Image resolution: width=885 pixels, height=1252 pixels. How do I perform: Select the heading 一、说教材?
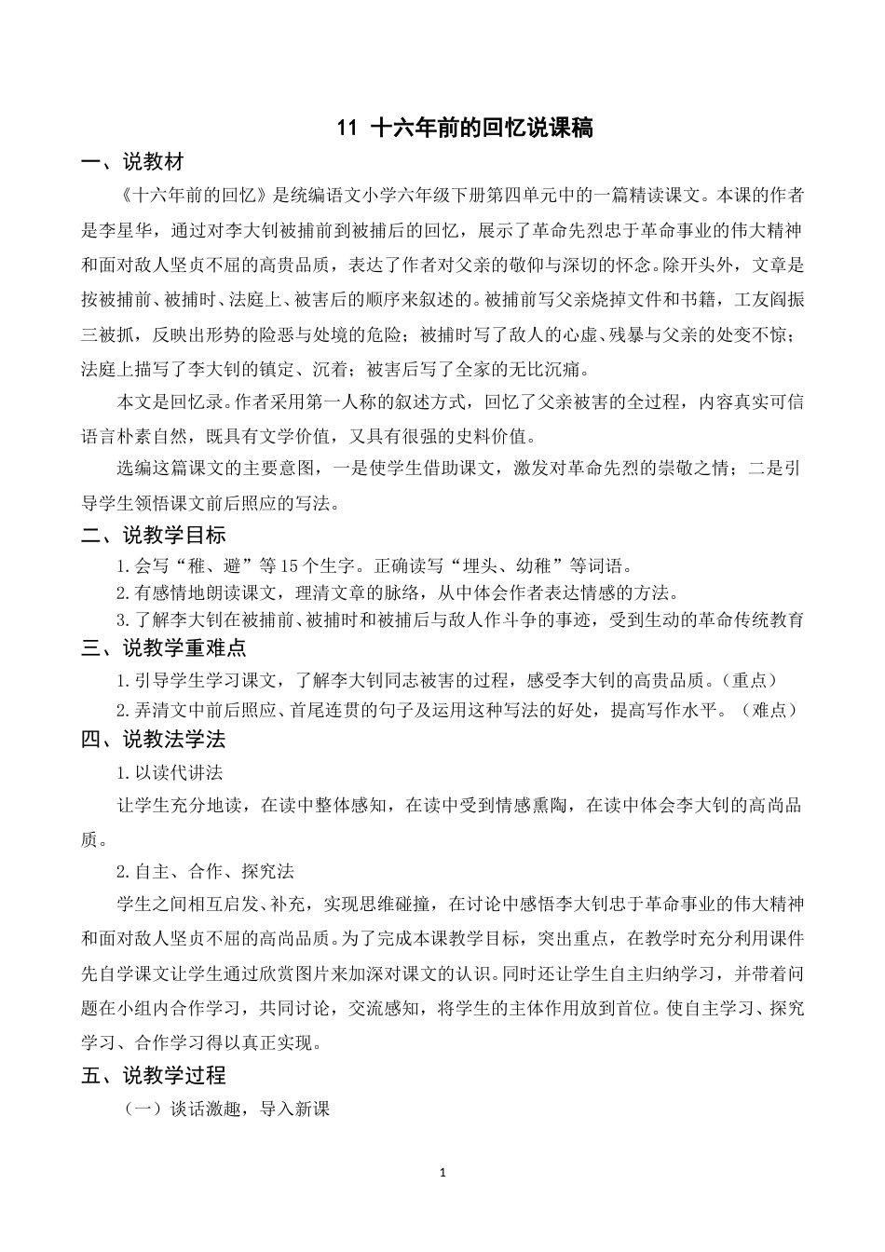(x=132, y=163)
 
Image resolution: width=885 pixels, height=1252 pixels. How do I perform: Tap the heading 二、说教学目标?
(x=154, y=536)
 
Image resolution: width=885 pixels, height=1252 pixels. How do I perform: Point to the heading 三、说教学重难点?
(x=164, y=648)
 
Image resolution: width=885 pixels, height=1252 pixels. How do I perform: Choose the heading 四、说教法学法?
(x=154, y=741)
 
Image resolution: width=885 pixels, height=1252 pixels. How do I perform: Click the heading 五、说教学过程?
(x=154, y=1076)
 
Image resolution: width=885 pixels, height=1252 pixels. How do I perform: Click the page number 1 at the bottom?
(x=443, y=1172)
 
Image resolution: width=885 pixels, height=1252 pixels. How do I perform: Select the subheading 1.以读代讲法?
(x=170, y=773)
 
